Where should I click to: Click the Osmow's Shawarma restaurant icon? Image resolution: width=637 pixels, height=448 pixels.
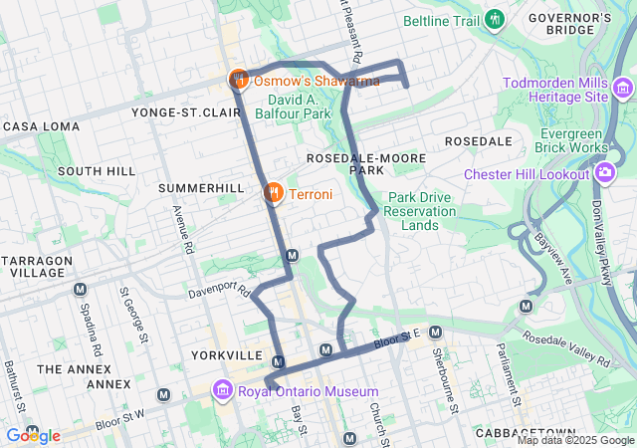click(x=239, y=80)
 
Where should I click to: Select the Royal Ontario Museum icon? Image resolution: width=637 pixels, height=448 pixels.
click(x=223, y=390)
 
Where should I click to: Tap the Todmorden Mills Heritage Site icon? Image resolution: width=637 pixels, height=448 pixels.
click(x=623, y=90)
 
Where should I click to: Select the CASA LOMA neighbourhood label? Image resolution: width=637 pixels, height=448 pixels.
click(x=38, y=127)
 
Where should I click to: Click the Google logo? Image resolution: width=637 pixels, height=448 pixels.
click(x=33, y=435)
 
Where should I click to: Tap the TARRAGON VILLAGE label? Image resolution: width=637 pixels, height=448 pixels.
click(x=37, y=266)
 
